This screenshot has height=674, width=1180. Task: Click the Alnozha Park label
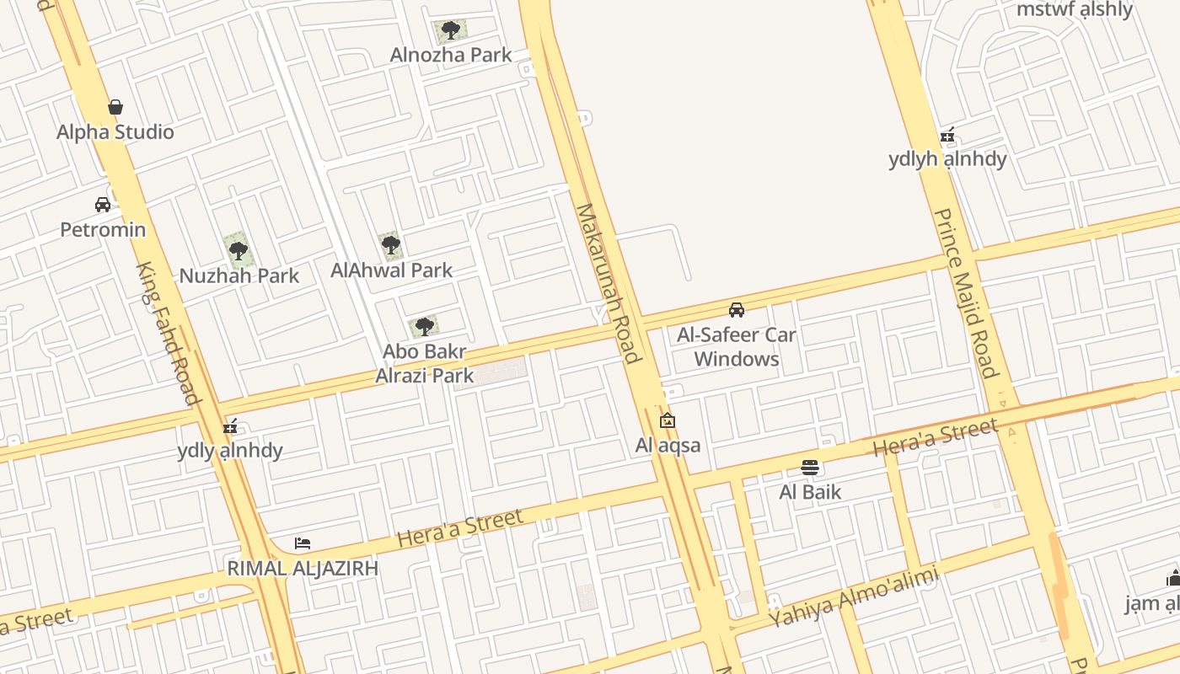pyautogui.click(x=451, y=55)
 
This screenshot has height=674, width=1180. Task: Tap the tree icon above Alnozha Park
pyautogui.click(x=451, y=31)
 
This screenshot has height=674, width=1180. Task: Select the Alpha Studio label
pyautogui.click(x=115, y=132)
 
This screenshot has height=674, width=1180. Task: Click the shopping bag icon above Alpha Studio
pyautogui.click(x=115, y=107)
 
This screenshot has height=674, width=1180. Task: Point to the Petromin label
pyautogui.click(x=103, y=229)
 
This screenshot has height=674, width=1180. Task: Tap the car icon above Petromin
pyautogui.click(x=103, y=205)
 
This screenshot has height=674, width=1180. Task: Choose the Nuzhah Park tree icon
pyautogui.click(x=239, y=250)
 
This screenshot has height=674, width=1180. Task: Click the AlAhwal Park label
pyautogui.click(x=392, y=270)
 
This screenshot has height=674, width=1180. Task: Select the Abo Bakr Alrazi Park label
pyautogui.click(x=425, y=363)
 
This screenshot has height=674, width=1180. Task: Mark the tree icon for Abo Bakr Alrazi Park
pyautogui.click(x=423, y=326)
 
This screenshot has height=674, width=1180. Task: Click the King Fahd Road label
pyautogui.click(x=169, y=333)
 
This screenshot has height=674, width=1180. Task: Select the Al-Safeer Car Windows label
pyautogui.click(x=737, y=346)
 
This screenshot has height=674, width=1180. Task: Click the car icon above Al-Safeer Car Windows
pyautogui.click(x=737, y=310)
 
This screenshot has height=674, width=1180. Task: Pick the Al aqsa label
pyautogui.click(x=668, y=445)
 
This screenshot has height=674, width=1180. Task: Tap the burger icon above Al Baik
pyautogui.click(x=810, y=467)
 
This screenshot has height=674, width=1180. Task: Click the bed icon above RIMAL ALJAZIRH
pyautogui.click(x=303, y=543)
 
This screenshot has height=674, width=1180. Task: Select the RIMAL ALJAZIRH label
pyautogui.click(x=303, y=569)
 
